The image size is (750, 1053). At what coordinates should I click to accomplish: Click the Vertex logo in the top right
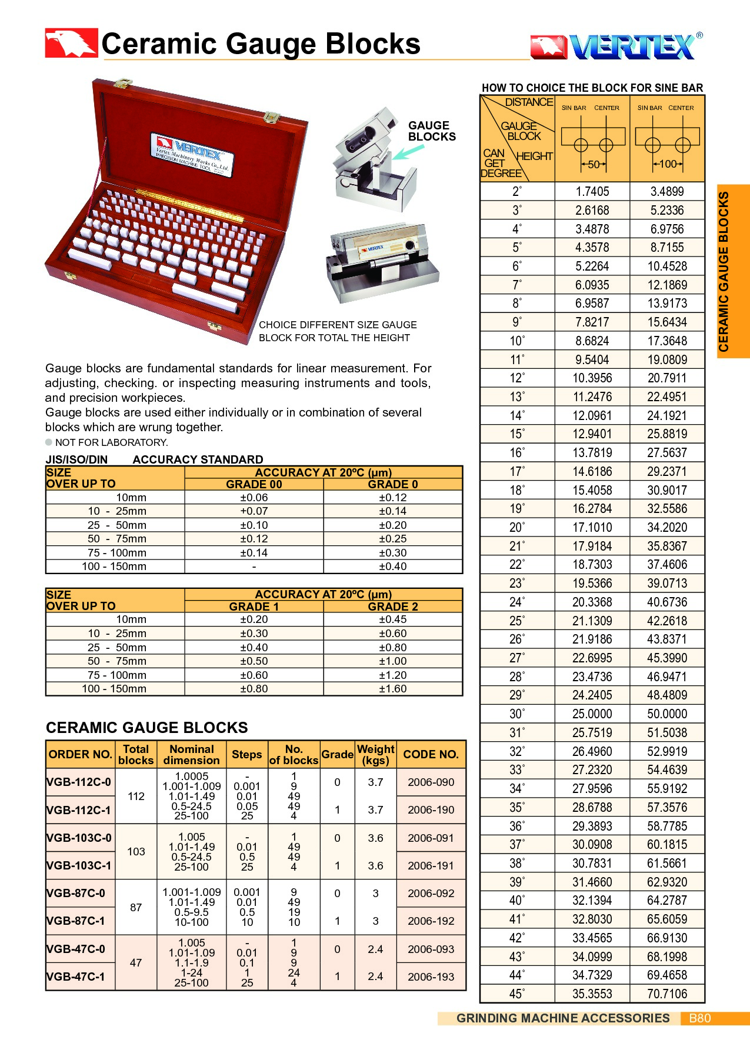pos(616,46)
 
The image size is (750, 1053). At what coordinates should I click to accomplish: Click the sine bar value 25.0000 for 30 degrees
pos(592,714)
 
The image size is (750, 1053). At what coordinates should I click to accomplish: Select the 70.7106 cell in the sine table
pos(667,994)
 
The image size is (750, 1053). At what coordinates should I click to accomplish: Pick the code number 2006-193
pos(431,977)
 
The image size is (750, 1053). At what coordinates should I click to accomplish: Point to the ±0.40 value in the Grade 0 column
pos(392,567)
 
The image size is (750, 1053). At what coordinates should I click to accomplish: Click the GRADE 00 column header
pos(254,484)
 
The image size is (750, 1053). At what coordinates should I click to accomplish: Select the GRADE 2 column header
pos(392,607)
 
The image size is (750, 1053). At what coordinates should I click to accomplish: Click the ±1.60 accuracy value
pos(392,689)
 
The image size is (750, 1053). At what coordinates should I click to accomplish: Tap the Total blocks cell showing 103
pos(136,851)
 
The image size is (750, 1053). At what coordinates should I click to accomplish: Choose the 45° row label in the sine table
pos(516,994)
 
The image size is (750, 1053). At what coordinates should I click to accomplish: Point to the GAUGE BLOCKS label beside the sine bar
pos(431,131)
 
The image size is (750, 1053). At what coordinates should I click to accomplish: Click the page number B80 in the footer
pos(699,1018)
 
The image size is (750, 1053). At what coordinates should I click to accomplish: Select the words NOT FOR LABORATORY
pos(111,442)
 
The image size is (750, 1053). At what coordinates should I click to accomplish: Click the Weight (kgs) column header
pos(375,754)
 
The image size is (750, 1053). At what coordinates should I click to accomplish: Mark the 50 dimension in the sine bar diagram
pos(593,165)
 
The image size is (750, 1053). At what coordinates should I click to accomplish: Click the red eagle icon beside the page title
pos(71,44)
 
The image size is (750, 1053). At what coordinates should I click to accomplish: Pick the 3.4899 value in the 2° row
pos(667,191)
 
